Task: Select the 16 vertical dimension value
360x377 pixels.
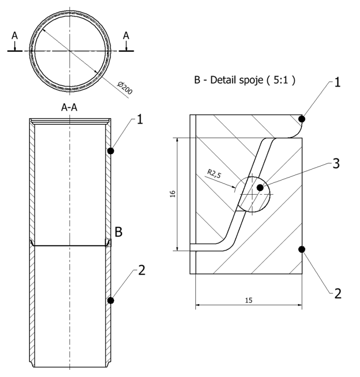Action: [x=173, y=194]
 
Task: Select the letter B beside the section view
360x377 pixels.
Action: [x=118, y=232]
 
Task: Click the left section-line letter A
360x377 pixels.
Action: [x=15, y=35]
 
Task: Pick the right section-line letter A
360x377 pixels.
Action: [x=126, y=35]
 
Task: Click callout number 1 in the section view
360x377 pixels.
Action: [x=140, y=120]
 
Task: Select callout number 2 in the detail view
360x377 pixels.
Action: [x=337, y=294]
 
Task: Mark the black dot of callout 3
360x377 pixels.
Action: [x=261, y=188]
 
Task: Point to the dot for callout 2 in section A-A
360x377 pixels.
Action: [x=111, y=300]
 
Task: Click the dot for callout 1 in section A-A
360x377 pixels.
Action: [x=111, y=150]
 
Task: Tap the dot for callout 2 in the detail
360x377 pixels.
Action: [x=302, y=250]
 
